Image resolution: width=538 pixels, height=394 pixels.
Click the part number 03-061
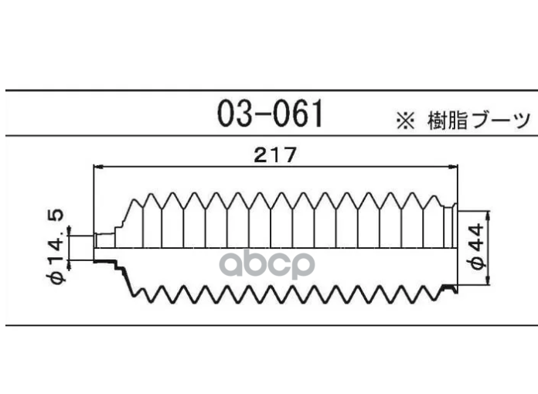(x=271, y=114)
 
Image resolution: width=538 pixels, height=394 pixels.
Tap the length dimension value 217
(x=274, y=155)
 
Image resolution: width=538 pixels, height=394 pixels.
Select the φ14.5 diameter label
(x=55, y=246)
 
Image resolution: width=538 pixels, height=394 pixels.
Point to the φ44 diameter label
(x=476, y=246)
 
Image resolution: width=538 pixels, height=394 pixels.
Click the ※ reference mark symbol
(x=405, y=121)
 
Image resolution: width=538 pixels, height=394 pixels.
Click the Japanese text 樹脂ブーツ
(x=478, y=121)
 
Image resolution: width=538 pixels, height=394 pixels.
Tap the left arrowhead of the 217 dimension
(x=98, y=167)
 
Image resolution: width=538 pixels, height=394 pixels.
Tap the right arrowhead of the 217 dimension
(x=453, y=167)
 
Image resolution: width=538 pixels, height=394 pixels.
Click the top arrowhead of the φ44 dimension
(x=489, y=216)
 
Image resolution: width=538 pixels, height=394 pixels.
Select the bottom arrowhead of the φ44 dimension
(x=489, y=280)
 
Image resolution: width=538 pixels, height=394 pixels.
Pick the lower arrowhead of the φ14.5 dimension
(x=70, y=265)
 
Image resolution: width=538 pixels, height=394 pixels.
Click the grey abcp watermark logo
(x=267, y=264)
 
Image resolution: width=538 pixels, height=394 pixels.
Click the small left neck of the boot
(x=104, y=240)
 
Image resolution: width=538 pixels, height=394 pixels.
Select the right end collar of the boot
(x=451, y=226)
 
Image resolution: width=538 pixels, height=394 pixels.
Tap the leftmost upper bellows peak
(x=135, y=201)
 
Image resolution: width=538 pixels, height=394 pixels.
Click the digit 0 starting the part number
(x=227, y=114)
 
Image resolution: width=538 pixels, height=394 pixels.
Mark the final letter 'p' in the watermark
(x=303, y=266)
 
